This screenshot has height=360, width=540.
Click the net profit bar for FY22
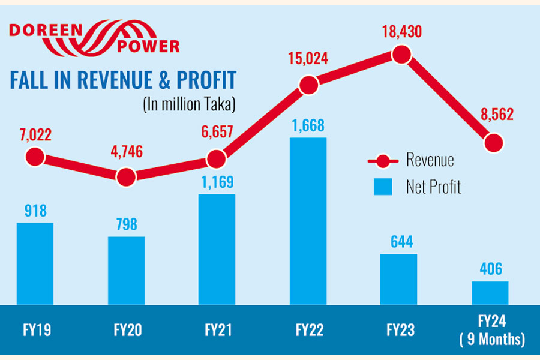[308, 221]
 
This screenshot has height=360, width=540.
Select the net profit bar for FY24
[490, 293]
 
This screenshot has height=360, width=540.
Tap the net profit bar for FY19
[35, 264]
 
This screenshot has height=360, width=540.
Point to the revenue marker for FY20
[126, 176]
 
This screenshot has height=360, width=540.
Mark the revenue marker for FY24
[493, 143]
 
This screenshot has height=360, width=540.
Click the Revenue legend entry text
[430, 160]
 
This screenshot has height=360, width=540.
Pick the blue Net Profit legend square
[383, 187]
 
